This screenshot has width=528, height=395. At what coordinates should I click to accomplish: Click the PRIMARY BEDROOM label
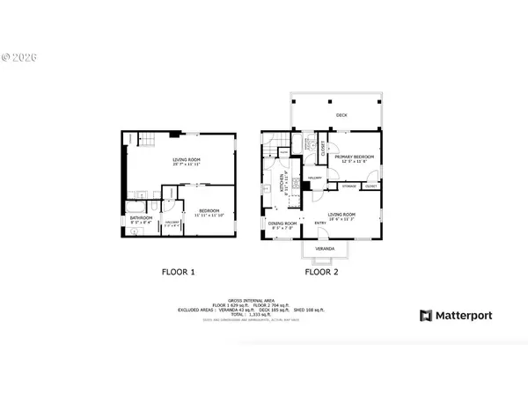tap(354, 157)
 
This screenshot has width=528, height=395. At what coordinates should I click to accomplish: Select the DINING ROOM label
tap(282, 224)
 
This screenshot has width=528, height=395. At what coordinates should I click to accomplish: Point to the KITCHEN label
tap(282, 182)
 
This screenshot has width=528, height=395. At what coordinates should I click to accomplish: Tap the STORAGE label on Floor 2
tap(348, 187)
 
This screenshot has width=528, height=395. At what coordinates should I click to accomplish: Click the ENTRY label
tap(321, 223)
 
